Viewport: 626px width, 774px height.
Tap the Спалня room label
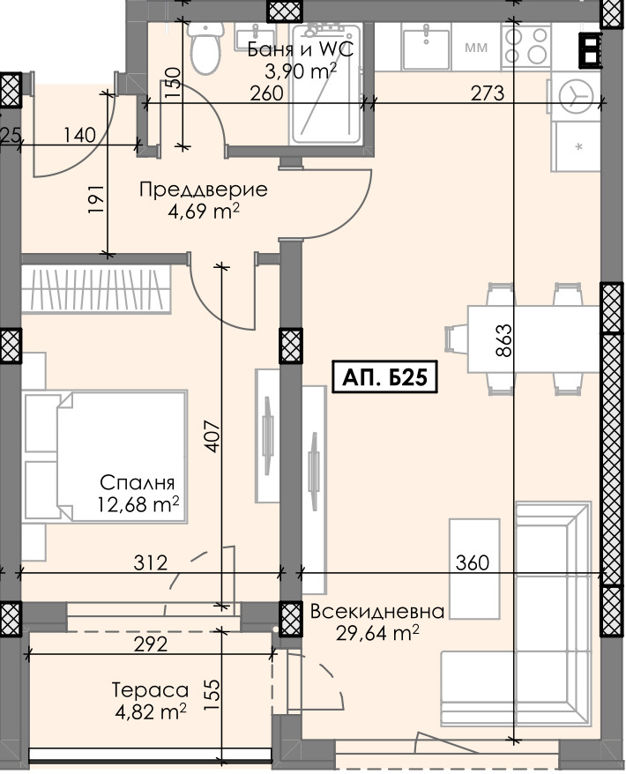[x=138, y=483]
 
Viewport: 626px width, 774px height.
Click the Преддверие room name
[x=190, y=190]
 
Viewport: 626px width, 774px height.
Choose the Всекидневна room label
[x=376, y=612]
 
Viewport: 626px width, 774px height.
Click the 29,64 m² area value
[x=376, y=632]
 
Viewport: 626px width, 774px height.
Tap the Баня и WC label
[x=302, y=49]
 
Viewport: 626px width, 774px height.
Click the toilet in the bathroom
[x=205, y=48]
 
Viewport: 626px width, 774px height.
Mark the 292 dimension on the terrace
[x=150, y=644]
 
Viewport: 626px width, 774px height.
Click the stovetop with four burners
[x=523, y=44]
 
